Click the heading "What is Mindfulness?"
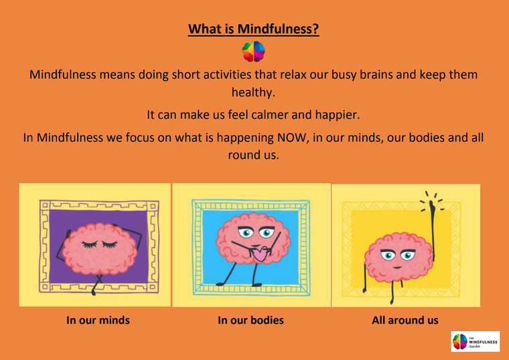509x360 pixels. [254, 29]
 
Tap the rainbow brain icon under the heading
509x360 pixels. [254, 52]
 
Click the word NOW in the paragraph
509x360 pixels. [292, 137]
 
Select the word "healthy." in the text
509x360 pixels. [253, 93]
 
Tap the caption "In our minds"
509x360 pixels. [98, 320]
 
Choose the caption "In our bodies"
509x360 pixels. [250, 320]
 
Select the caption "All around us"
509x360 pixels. [405, 320]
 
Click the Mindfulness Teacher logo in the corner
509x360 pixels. [476, 341]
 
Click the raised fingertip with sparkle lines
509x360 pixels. [432, 203]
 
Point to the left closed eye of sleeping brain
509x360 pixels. [90, 244]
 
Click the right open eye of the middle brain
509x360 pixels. [267, 233]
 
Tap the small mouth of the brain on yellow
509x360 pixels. [397, 267]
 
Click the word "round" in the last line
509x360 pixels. [243, 155]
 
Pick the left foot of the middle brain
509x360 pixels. [221, 284]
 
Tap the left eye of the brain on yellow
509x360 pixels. [388, 255]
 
